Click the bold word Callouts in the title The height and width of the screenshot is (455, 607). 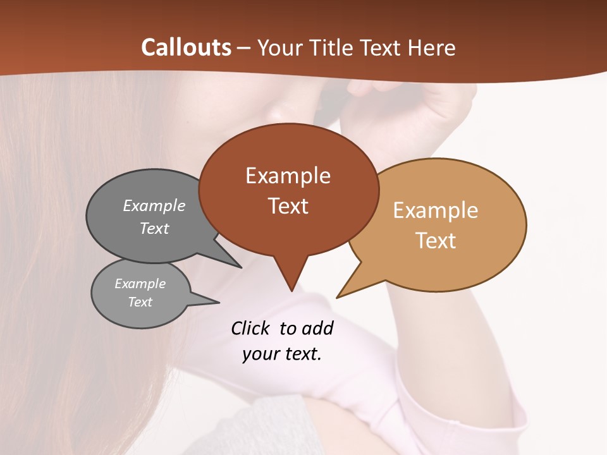pos(186,47)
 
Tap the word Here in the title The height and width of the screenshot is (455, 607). pos(432,47)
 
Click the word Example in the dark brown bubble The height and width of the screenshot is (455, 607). pos(288,176)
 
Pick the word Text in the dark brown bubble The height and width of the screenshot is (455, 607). pos(288,206)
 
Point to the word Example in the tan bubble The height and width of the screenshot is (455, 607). pos(436,210)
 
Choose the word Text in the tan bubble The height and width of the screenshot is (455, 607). pos(436,241)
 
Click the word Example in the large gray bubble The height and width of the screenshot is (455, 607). pos(154,206)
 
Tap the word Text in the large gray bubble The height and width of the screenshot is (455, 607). pos(154,229)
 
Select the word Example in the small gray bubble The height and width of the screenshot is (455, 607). pos(140,284)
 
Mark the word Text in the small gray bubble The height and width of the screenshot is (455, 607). pos(140,302)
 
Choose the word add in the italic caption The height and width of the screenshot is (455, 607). pos(317,328)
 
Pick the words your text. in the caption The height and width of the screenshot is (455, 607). pos(282,354)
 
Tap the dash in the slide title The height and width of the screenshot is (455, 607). pos(245,47)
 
